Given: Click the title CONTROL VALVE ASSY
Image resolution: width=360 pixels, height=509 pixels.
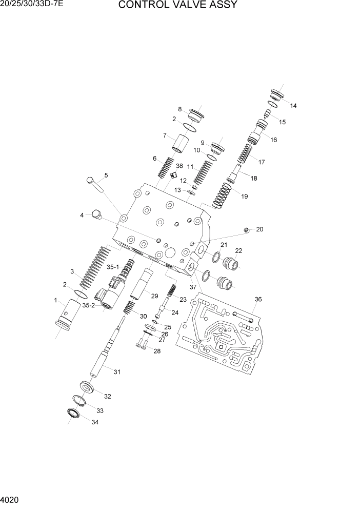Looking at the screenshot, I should point(177,6).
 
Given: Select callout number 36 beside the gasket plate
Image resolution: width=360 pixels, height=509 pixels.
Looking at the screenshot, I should point(258,300).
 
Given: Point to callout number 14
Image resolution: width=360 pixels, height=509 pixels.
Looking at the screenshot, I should point(293,106).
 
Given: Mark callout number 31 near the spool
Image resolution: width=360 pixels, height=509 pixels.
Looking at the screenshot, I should point(117,373).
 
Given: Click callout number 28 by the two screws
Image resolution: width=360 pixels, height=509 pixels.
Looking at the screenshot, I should point(157,351).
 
